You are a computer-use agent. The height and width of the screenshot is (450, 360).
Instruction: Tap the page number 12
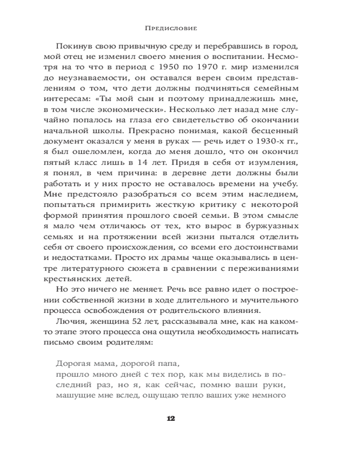pos(171,418)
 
